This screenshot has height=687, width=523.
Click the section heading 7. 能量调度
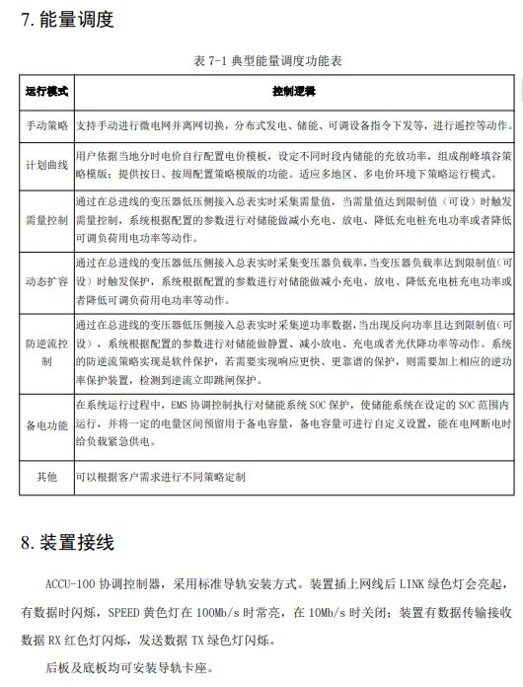pyautogui.click(x=67, y=19)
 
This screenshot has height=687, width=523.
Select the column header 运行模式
pyautogui.click(x=46, y=92)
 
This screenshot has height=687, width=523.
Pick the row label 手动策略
pyautogui.click(x=46, y=127)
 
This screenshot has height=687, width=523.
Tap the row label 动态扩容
pyautogui.click(x=46, y=280)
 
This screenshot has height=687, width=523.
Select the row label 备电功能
pyautogui.click(x=46, y=424)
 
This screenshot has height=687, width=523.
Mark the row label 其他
pyautogui.click(x=46, y=476)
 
